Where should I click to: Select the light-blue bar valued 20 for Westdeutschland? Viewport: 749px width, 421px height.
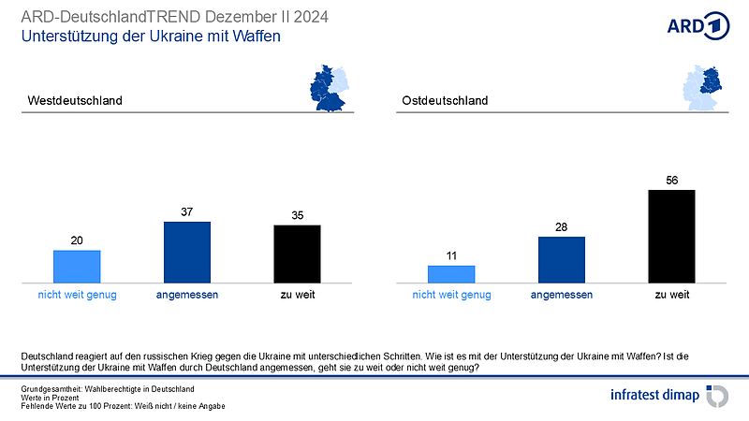click(x=77, y=266)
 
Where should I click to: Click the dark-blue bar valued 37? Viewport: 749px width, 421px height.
click(x=187, y=251)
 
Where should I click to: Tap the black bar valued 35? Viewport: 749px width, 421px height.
click(x=297, y=253)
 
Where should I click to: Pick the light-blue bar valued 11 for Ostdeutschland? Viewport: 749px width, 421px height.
click(x=451, y=273)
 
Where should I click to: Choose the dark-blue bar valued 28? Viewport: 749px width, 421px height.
click(x=561, y=258)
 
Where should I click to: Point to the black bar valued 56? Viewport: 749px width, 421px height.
click(x=671, y=235)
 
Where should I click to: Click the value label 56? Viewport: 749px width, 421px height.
click(x=671, y=181)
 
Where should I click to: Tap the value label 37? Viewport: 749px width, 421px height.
click(x=187, y=212)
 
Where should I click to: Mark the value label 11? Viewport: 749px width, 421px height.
click(x=451, y=256)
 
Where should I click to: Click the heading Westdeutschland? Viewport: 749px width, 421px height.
click(x=76, y=100)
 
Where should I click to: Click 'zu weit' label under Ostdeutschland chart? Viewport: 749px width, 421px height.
click(x=671, y=295)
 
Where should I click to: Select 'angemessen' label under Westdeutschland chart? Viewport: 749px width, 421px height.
click(x=187, y=295)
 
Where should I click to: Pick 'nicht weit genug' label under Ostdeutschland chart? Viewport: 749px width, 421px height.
click(x=451, y=295)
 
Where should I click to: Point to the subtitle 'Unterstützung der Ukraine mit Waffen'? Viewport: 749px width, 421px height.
click(x=151, y=36)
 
